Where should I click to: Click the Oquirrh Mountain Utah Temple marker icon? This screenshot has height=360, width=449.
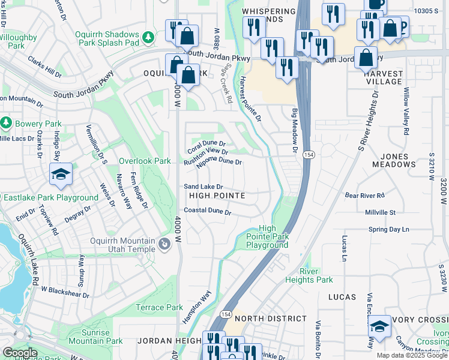pos(164,245)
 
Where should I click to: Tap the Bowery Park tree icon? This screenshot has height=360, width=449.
pos(7,124)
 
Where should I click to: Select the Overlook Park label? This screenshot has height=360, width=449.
pos(145,161)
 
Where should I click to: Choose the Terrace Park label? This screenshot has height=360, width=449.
pos(159,307)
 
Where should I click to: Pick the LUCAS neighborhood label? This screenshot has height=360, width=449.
pos(342,297)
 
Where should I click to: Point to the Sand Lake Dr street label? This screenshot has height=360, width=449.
pos(203,187)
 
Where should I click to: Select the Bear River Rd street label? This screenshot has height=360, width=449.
pos(364,195)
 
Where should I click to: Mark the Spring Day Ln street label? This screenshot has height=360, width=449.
pos(388,229)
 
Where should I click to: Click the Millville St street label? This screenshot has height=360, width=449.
pos(381,212)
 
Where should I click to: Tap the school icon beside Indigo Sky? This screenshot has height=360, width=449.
pos(61,174)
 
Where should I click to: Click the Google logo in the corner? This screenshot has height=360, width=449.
pos(20,353)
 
